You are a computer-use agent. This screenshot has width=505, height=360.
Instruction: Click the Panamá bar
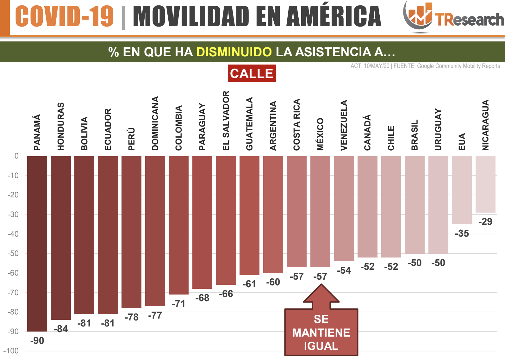pos(37,244)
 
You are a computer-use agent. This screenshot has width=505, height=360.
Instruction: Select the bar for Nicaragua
pos(485,184)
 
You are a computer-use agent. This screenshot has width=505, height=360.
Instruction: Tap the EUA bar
pos(462,190)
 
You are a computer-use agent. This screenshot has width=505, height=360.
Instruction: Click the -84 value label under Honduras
pos(61,329)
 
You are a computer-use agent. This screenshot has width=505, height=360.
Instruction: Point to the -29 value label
pos(485,221)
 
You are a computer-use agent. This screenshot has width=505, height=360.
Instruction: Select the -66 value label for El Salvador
pos(226,294)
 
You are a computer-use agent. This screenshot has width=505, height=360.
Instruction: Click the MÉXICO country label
pos(320,134)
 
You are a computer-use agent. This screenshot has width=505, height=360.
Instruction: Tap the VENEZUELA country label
pos(344,125)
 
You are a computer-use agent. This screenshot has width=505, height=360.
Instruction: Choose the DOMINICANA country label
pos(155,123)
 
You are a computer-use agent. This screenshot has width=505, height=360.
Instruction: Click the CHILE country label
pos(391,138)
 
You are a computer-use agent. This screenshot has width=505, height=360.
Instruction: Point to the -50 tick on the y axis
pos(13,253)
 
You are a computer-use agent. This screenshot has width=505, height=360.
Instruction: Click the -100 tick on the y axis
pos(11,351)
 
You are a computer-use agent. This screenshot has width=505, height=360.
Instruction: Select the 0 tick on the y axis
pos(16,156)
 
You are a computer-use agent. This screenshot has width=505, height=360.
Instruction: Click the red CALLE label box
pos(252,73)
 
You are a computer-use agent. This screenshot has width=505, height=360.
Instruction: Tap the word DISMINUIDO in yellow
pos(234,52)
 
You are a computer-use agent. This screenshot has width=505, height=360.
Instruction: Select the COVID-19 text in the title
pos(64,16)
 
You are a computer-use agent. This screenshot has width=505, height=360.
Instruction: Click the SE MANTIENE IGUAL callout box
pos(321,332)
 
